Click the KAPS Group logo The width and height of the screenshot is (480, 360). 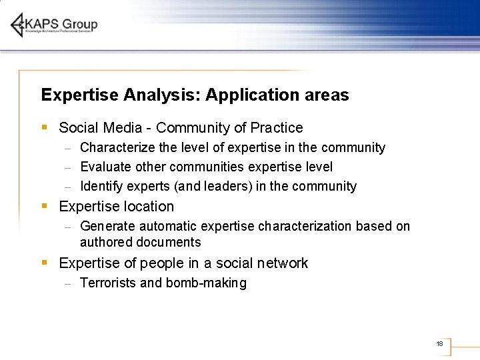(x=54, y=25)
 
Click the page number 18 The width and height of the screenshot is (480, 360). (x=439, y=344)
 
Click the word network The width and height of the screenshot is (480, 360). (x=282, y=263)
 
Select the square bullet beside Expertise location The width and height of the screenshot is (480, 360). (x=45, y=206)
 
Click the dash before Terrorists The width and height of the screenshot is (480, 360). (x=67, y=283)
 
